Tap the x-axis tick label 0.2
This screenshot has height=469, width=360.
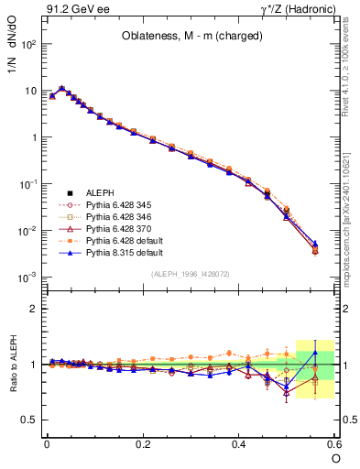coord(143,443)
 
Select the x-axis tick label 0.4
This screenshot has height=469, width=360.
coord(239,443)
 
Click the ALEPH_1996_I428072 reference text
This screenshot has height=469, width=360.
coord(190,274)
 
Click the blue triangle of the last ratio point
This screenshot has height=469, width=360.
coord(316,353)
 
